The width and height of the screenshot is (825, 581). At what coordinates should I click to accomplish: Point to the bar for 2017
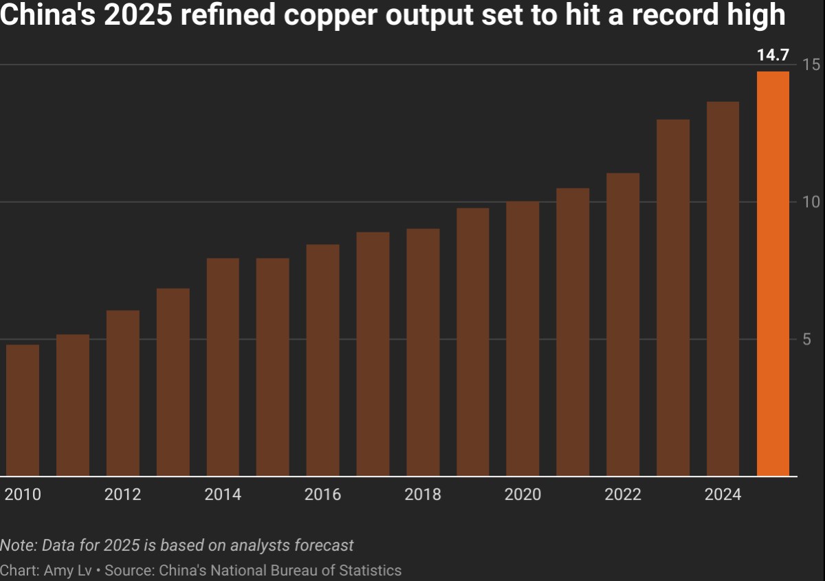click(373, 353)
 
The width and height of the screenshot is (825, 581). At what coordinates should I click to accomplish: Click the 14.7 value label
click(773, 56)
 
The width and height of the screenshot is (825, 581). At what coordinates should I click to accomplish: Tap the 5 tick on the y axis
click(806, 339)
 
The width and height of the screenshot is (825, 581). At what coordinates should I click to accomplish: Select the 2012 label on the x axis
click(123, 494)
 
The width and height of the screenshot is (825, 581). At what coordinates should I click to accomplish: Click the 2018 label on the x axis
click(423, 494)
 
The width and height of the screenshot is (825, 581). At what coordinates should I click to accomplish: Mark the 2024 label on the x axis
click(723, 494)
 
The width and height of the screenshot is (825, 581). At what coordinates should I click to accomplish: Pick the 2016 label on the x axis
click(322, 494)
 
